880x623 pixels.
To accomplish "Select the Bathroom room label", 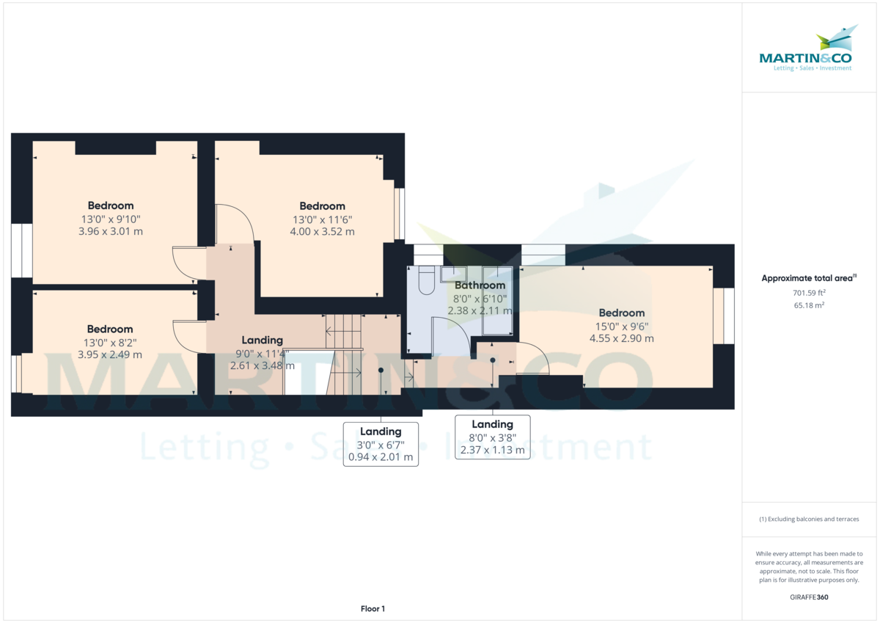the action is (480, 285).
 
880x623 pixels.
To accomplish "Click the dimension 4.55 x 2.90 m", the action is (621, 338).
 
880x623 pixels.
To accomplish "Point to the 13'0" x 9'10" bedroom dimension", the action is (110, 219).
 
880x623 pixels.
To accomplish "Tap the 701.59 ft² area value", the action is (809, 292).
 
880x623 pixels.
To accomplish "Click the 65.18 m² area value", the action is (809, 305).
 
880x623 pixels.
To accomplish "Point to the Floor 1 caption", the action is (373, 608).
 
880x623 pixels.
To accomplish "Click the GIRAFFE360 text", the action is (809, 597).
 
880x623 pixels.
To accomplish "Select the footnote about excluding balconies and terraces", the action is (809, 519).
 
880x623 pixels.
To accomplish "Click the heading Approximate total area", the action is (807, 278).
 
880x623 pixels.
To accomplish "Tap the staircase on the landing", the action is (345, 352).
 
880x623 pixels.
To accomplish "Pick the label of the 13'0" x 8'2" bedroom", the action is (110, 329).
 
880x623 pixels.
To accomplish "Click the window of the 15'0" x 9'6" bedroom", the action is (722, 316).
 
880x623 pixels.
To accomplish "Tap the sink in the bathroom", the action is (449, 274).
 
